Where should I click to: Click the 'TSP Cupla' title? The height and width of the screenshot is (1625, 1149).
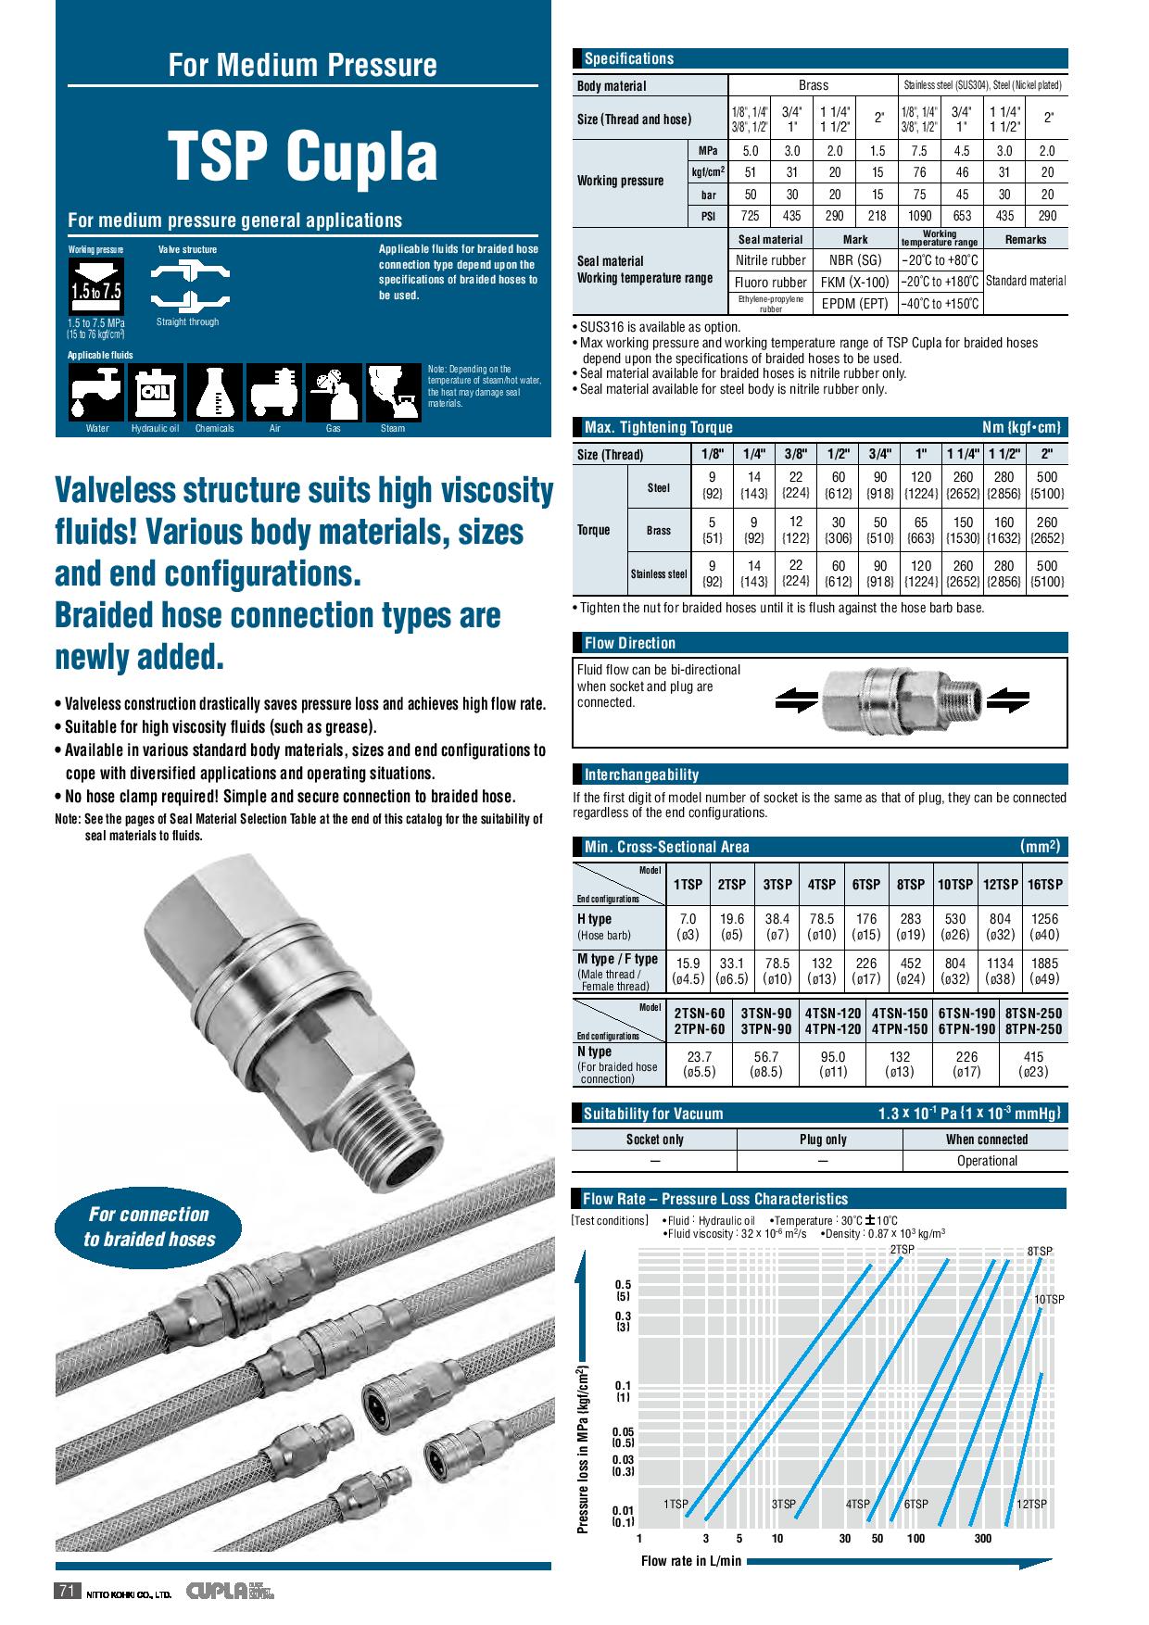[x=302, y=157]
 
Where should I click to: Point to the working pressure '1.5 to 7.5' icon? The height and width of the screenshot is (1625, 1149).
[x=96, y=283]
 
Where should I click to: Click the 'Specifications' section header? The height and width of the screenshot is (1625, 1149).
[x=628, y=59]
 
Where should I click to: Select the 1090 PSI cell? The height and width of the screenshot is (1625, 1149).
[x=919, y=216]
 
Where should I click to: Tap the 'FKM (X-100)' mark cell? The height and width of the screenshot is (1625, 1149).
[x=854, y=282]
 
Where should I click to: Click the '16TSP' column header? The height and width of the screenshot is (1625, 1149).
[x=1044, y=885]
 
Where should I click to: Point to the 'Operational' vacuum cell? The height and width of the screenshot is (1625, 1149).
[x=986, y=1161]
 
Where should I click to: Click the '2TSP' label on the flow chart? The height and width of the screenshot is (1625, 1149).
[x=902, y=1250]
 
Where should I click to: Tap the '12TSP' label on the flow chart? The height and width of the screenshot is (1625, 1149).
[x=1030, y=1504]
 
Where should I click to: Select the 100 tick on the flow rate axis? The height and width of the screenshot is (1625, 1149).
[x=915, y=1538]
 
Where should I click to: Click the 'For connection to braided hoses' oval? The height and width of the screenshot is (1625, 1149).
[x=148, y=1227]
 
